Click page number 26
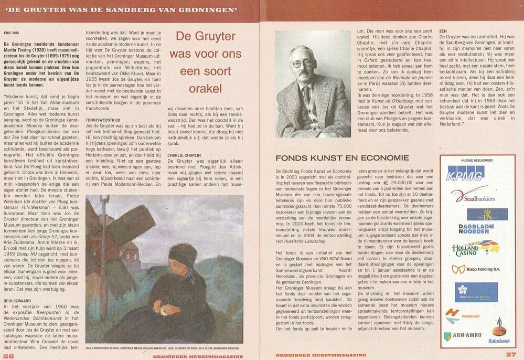[x=8, y=355]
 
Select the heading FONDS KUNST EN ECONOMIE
[x=342, y=157]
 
